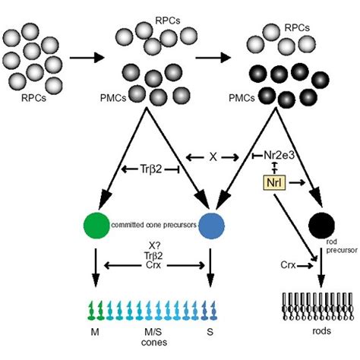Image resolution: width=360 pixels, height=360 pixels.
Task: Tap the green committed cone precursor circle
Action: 96,225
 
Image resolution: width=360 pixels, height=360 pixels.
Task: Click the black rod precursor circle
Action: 322,224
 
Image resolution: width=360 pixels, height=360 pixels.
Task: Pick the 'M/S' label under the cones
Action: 146,331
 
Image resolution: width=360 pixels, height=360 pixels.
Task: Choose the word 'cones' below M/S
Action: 146,343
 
